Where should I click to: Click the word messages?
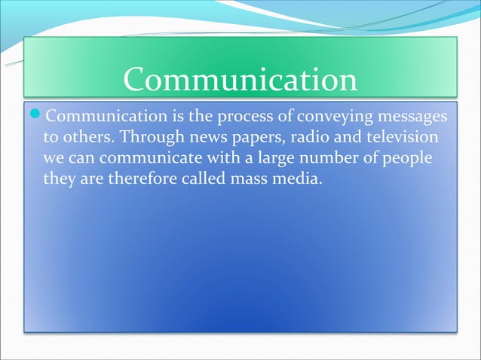[403, 119]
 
